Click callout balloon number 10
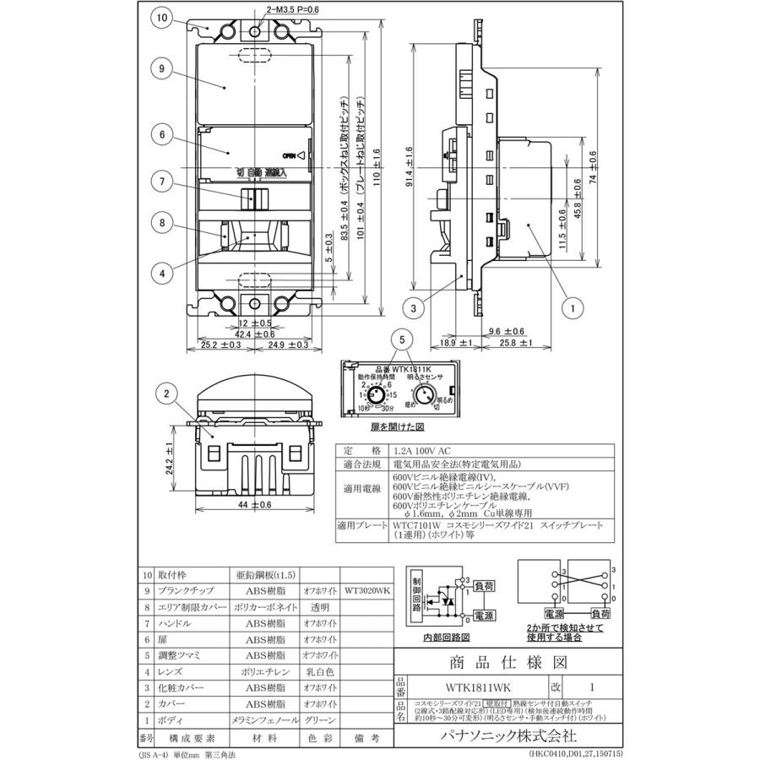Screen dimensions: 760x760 coord(162,18)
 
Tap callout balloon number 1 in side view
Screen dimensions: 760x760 coord(572,309)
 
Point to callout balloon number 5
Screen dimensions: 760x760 coord(403,340)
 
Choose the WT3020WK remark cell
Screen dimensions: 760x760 coord(366,590)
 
